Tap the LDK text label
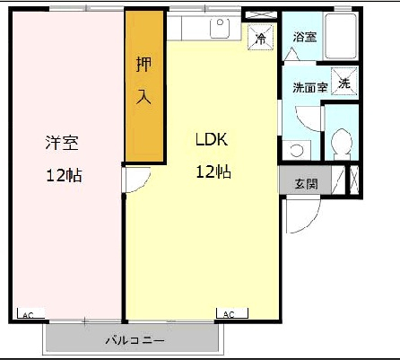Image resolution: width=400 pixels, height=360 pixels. click(x=213, y=140)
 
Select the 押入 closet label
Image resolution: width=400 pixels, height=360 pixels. click(x=143, y=79)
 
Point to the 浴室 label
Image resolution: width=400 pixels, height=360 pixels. click(x=304, y=37)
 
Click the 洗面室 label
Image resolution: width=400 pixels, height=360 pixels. click(x=309, y=88)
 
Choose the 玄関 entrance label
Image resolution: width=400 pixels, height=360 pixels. click(x=306, y=183)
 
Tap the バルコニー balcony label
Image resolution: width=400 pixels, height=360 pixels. click(x=135, y=340)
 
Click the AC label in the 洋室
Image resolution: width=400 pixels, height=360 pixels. click(x=28, y=313)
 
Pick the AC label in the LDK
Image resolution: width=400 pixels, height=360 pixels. click(x=228, y=313)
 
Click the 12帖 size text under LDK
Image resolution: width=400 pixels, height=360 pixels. click(x=214, y=171)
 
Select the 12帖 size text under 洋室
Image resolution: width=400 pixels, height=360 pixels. click(x=64, y=175)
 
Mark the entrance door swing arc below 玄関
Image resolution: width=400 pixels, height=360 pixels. click(x=303, y=215)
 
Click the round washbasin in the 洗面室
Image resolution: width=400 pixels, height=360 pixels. click(x=296, y=152)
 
